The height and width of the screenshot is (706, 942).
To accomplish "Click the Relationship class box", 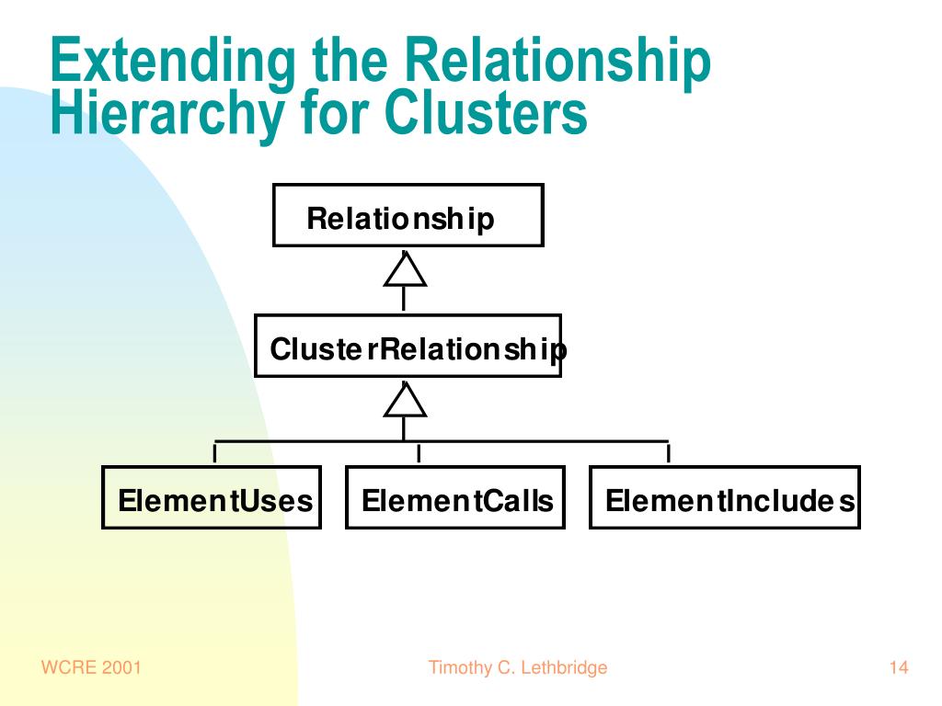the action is (x=408, y=215).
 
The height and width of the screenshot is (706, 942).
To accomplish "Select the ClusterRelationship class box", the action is (x=408, y=346).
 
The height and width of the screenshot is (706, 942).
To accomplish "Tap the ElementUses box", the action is (x=212, y=497).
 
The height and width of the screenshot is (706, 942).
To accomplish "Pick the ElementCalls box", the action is (x=455, y=497).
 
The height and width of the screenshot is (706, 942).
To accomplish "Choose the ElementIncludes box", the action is (x=725, y=497).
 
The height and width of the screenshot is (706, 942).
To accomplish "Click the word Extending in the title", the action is (x=172, y=62).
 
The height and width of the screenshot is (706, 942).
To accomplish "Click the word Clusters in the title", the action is (x=486, y=111).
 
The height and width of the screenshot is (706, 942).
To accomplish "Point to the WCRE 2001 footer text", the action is (x=91, y=667).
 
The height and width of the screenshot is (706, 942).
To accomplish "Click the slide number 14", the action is (x=899, y=667).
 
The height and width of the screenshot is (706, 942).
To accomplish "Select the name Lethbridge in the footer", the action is (x=564, y=667).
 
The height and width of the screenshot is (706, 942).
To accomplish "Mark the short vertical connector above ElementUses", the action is (x=214, y=452).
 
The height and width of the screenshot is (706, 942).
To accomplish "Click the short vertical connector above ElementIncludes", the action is (x=668, y=452).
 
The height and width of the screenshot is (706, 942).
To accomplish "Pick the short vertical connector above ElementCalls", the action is (x=419, y=452).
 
